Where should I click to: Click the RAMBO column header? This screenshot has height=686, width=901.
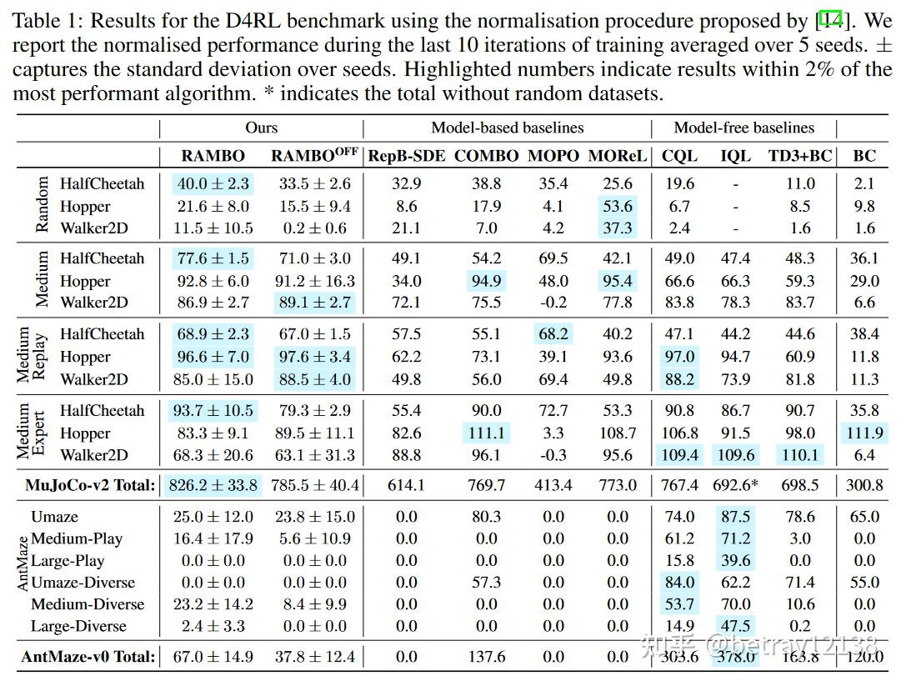coord(213,156)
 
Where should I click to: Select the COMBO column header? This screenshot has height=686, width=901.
coord(486,156)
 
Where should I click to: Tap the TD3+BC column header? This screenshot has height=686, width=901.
coord(800,156)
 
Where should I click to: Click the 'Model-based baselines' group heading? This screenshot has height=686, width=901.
coord(507,128)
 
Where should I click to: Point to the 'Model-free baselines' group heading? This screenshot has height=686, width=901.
coord(743,128)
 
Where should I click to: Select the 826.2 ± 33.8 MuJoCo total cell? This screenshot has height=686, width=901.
coord(213,484)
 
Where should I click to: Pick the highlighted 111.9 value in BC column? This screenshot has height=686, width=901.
coord(864,433)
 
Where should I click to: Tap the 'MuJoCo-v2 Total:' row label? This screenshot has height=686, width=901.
coord(90,484)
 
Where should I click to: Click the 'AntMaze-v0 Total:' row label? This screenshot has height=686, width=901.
coord(88,657)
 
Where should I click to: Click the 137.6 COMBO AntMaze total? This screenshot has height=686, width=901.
coord(486,657)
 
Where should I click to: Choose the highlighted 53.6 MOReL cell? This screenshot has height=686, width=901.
coord(617,206)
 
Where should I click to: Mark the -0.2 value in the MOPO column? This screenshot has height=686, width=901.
coord(553,303)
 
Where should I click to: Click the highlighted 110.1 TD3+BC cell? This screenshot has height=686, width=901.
coord(800,455)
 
